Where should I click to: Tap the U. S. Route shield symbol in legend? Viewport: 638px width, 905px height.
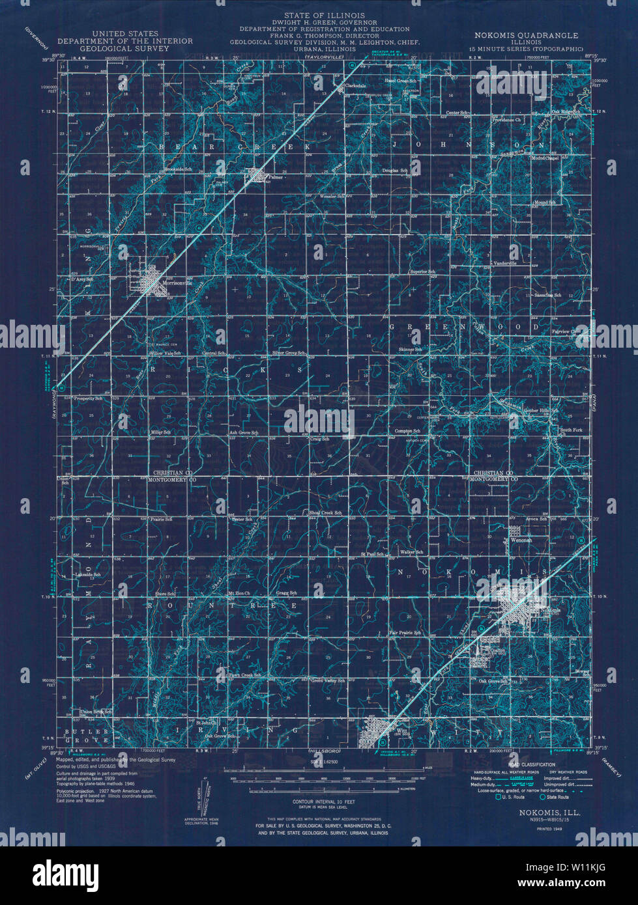click(499, 797)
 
